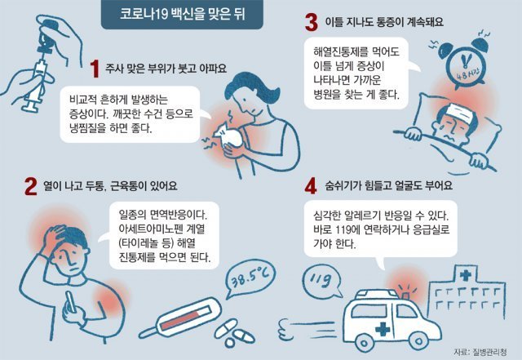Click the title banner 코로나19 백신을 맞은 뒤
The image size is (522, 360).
182,16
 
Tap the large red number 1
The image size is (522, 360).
95,69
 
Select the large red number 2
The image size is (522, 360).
31,186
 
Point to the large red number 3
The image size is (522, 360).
312,23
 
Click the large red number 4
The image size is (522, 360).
311,186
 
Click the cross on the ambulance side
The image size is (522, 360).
383,329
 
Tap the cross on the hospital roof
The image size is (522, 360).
466,274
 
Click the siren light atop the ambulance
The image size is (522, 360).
405,296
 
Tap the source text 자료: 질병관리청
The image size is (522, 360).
480,352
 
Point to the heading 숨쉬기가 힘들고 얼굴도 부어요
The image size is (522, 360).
389,185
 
